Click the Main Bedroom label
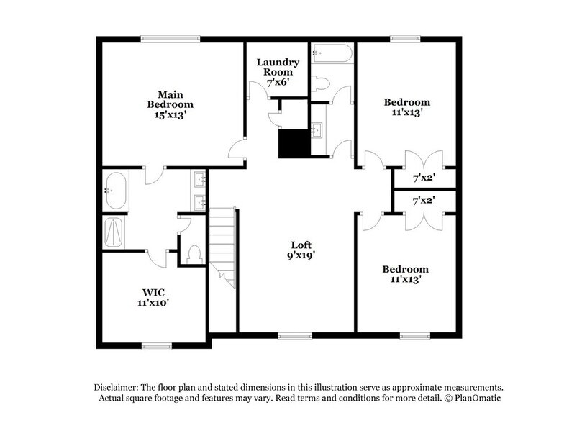click(169, 104)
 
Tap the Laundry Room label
click(278, 72)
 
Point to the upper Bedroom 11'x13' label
click(406, 107)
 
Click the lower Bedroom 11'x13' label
click(406, 273)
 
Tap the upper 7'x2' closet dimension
click(422, 177)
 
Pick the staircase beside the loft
click(223, 245)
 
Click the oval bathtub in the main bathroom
click(115, 191)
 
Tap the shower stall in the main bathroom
click(115, 232)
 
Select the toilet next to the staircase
click(193, 253)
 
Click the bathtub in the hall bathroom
click(332, 54)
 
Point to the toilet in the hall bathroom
click(321, 83)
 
